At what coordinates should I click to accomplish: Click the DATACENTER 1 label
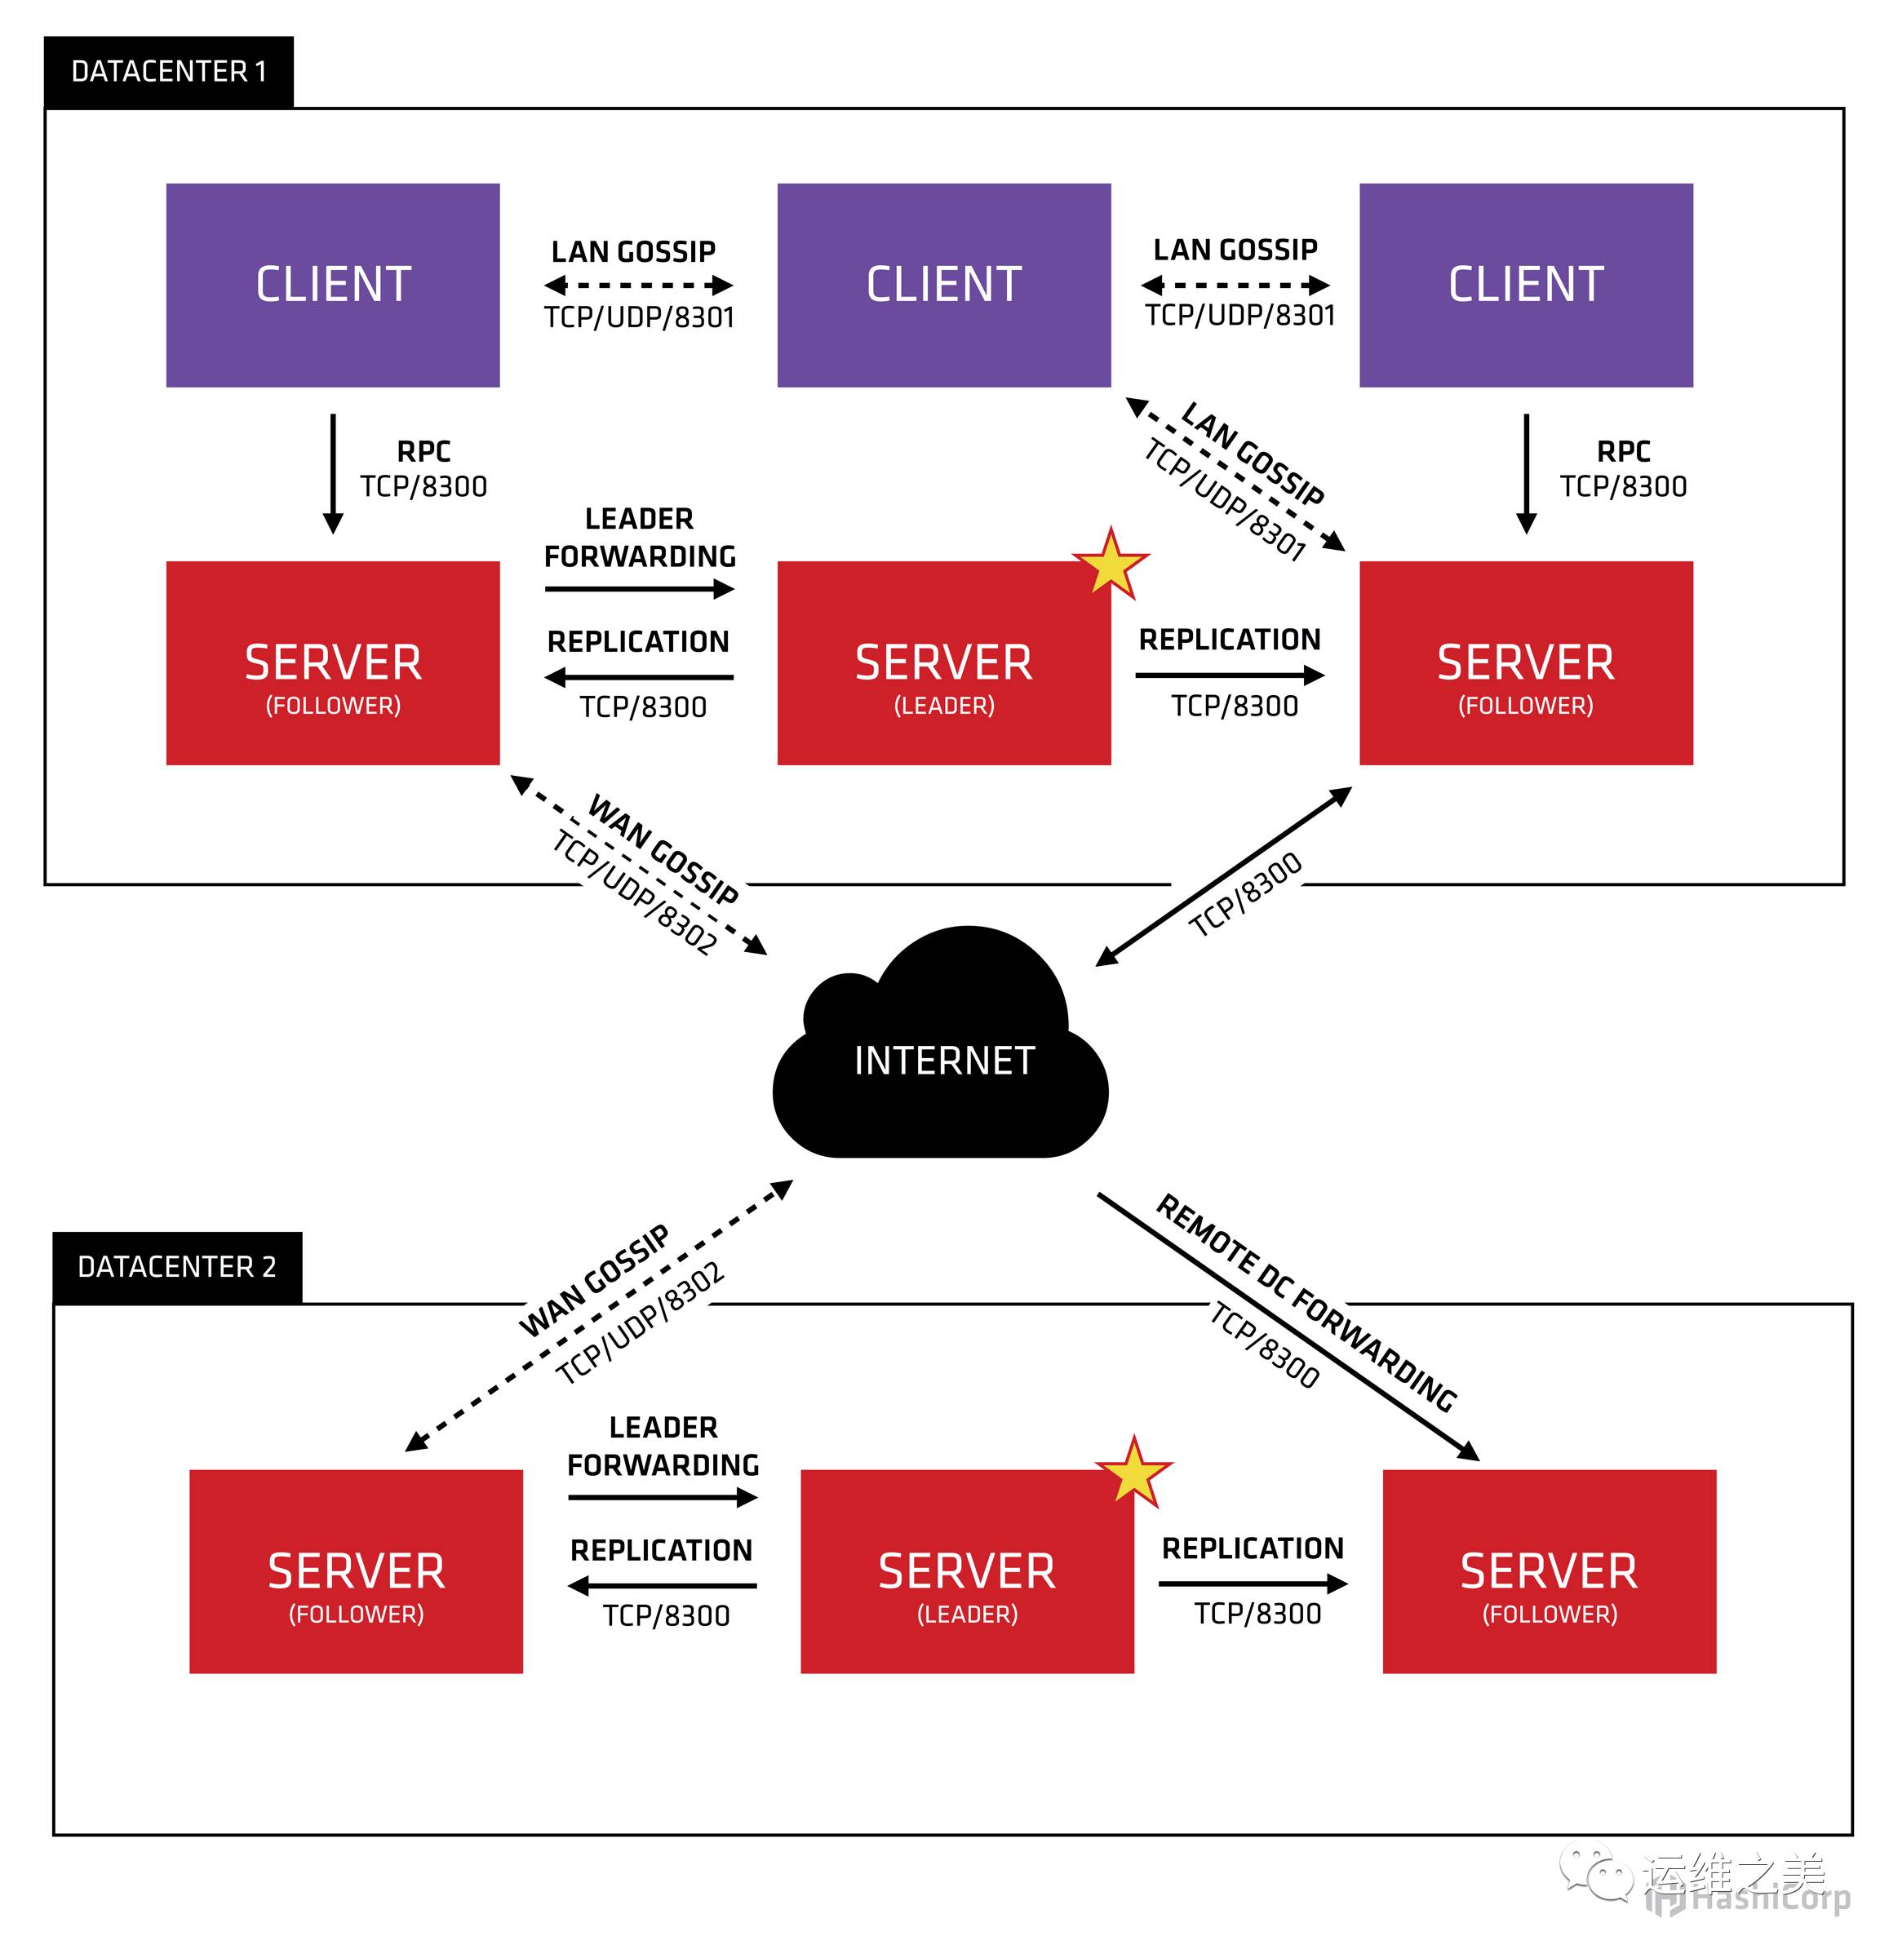[x=168, y=72]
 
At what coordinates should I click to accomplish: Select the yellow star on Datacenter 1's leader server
[x=1110, y=565]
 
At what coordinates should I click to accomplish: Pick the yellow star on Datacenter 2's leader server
[x=1133, y=1473]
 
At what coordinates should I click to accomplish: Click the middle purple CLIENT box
[x=943, y=285]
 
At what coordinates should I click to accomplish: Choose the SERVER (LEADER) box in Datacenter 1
[x=943, y=664]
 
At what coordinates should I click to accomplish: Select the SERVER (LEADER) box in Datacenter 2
[x=966, y=1572]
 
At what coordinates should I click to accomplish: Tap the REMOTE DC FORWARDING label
[x=1306, y=1303]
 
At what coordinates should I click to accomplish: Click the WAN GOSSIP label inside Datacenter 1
[x=663, y=849]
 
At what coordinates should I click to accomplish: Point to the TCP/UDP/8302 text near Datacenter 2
[x=640, y=1323]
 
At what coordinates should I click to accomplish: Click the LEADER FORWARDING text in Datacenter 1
[x=640, y=538]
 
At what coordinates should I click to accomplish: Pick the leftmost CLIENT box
[x=333, y=285]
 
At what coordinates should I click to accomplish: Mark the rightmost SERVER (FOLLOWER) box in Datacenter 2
[x=1549, y=1572]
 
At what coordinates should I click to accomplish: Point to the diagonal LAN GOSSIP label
[x=1253, y=453]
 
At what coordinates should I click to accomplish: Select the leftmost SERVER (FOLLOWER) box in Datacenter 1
[x=333, y=664]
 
